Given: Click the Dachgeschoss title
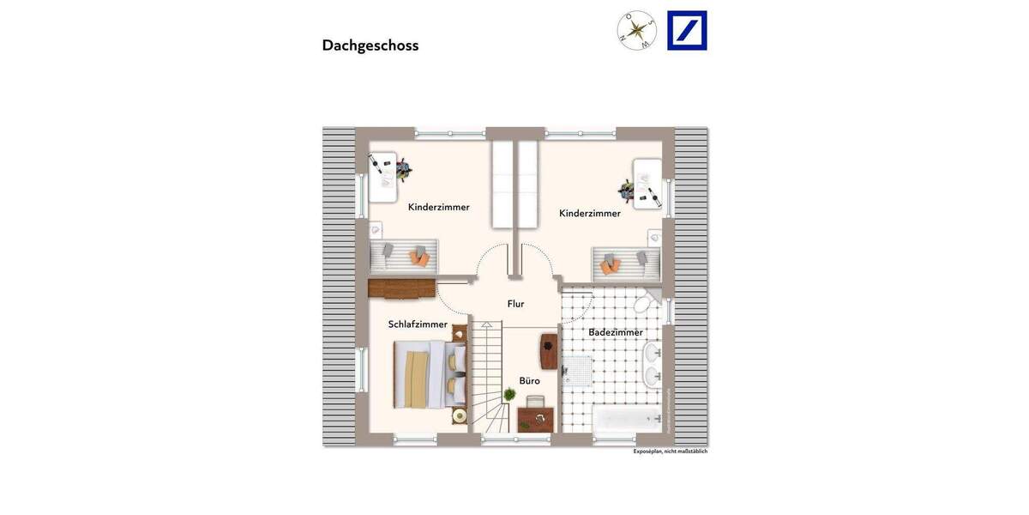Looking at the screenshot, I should coord(370,45).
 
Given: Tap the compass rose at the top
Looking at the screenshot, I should coord(636,31).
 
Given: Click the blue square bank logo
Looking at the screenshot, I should coord(687,31).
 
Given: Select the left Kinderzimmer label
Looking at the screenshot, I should coord(438,207).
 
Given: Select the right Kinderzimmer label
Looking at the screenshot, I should coord(589,213).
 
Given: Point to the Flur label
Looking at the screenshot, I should coord(515,304).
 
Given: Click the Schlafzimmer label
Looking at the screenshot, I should coord(418,324).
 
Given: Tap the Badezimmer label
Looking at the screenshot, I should coord(615,332).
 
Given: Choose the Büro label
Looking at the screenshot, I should coord(529,380).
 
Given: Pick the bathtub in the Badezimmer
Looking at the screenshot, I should coord(627,420).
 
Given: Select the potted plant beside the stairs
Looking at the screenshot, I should coord(509,395).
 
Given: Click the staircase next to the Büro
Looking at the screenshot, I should coord(486,378).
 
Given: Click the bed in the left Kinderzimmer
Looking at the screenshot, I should coord(404,255).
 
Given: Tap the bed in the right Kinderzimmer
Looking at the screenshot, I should coord(627,261).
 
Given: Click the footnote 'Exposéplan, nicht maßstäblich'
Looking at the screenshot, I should coord(670,451).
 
